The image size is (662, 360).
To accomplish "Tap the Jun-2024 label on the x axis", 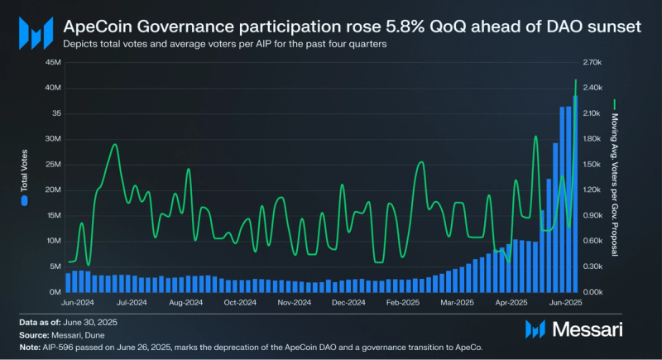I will (78, 303).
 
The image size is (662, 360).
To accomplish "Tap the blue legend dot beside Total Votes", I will (24, 200).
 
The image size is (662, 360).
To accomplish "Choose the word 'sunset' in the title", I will (611, 27).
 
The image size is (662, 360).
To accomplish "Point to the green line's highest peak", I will (575, 80).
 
